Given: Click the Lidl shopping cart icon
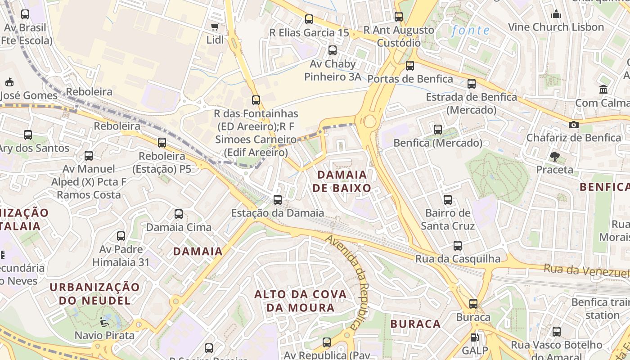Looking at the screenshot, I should (x=215, y=27).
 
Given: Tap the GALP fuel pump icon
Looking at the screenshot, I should (x=473, y=337).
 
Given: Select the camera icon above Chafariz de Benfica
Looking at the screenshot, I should (x=573, y=125).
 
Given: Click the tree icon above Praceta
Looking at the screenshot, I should (x=554, y=157).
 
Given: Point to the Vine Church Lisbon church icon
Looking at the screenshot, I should (x=556, y=14).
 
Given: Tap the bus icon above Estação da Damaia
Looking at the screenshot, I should (x=278, y=199).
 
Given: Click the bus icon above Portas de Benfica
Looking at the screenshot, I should (x=409, y=66).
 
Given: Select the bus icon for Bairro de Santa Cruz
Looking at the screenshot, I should (x=447, y=200).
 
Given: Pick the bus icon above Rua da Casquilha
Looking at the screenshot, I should (x=458, y=246).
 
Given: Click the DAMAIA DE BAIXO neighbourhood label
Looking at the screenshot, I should (x=342, y=181).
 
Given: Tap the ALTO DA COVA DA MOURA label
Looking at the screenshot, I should (x=301, y=301).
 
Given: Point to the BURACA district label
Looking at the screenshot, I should (x=415, y=324).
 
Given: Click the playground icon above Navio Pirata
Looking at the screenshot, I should (x=104, y=322).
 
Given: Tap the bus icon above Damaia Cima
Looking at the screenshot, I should (x=179, y=214).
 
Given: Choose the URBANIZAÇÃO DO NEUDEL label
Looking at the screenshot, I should (x=94, y=293).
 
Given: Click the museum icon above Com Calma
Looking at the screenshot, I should (x=603, y=89).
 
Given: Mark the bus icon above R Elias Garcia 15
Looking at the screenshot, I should (x=309, y=19).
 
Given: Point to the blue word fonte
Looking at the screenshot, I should (x=470, y=31).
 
